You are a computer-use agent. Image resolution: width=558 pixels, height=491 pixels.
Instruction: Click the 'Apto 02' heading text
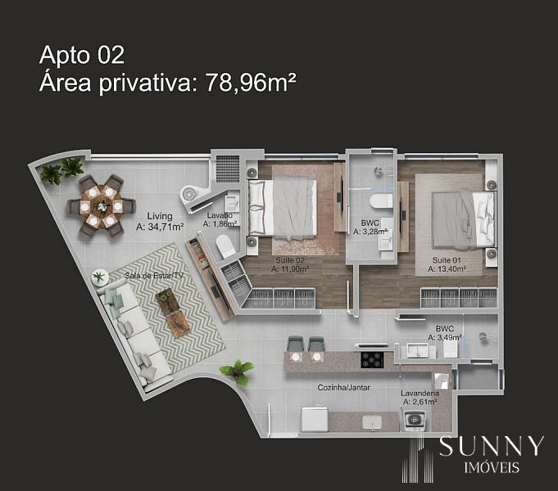(82, 56)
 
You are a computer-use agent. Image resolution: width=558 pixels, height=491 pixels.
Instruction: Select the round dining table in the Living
(102, 206)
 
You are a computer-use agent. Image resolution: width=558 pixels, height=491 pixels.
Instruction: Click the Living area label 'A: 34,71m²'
(160, 227)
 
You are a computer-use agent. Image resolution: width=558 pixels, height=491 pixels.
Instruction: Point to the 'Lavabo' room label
(220, 215)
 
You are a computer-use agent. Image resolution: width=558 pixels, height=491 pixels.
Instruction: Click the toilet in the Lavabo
(225, 246)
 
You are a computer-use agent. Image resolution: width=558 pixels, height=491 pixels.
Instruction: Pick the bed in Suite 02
(283, 207)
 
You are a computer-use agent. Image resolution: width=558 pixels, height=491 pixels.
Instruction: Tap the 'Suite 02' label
(290, 260)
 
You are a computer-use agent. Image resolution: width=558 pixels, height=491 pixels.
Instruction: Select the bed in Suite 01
(463, 219)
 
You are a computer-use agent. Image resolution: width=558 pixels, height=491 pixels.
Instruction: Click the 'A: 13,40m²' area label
(447, 269)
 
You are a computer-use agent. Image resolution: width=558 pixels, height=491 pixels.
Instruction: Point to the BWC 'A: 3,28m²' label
(370, 232)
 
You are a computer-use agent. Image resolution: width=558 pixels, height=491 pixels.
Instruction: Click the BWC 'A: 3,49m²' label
(445, 337)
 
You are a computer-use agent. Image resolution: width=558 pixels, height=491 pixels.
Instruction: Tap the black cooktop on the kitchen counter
(373, 359)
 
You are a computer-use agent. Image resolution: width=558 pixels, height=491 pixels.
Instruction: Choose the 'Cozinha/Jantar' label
(344, 388)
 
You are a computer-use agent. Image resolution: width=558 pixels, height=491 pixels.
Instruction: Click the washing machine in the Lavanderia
(415, 421)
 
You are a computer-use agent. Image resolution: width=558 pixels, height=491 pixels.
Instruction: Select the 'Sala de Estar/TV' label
(154, 276)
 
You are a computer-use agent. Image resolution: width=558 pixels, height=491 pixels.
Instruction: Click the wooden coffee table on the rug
(173, 312)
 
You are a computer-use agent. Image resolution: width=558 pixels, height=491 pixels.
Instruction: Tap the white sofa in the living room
(134, 334)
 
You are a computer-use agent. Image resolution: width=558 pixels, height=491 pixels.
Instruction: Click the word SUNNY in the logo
(492, 446)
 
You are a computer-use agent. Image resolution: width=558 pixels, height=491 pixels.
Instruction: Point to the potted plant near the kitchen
(238, 372)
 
